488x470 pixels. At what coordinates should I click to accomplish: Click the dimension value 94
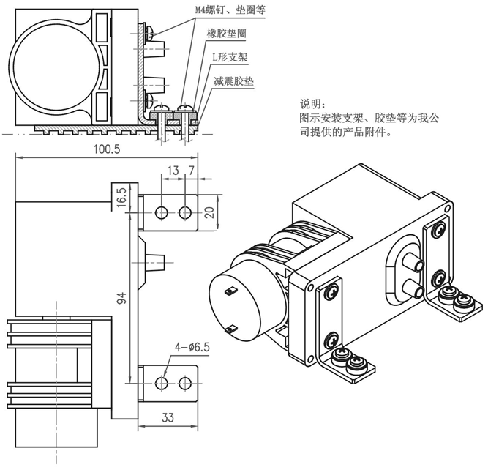click(x=122, y=297)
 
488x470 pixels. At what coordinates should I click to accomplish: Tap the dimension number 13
click(x=173, y=171)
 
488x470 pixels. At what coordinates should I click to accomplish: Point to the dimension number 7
click(x=192, y=171)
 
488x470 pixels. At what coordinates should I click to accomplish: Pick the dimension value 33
click(x=167, y=418)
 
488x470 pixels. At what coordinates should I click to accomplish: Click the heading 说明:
click(x=316, y=102)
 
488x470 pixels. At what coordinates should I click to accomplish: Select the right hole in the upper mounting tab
click(x=186, y=212)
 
